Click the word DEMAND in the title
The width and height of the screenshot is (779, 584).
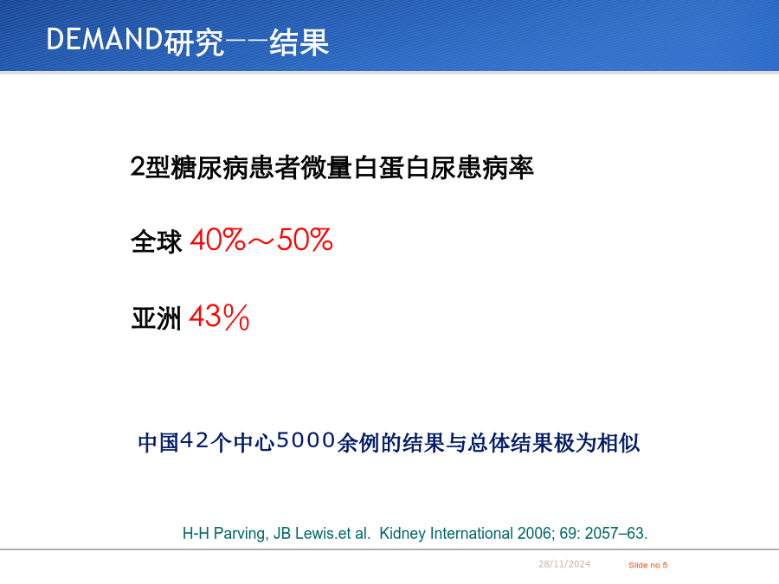click(105, 39)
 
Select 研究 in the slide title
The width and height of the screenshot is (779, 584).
click(194, 42)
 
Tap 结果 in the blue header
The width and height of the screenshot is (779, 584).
click(299, 42)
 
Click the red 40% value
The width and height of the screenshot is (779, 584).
click(217, 240)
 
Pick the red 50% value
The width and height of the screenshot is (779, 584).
click(305, 240)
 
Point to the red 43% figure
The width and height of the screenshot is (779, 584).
click(219, 317)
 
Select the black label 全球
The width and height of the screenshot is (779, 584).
click(157, 241)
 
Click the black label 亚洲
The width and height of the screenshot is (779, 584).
click(157, 318)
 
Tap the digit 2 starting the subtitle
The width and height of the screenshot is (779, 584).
click(137, 167)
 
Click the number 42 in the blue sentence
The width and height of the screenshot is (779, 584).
click(194, 440)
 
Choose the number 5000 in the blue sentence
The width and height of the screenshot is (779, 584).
click(306, 440)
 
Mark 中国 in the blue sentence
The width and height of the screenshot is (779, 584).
click(158, 442)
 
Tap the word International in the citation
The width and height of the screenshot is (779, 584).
click(472, 533)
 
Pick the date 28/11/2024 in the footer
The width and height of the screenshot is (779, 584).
click(564, 564)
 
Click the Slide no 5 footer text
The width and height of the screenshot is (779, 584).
click(647, 565)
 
